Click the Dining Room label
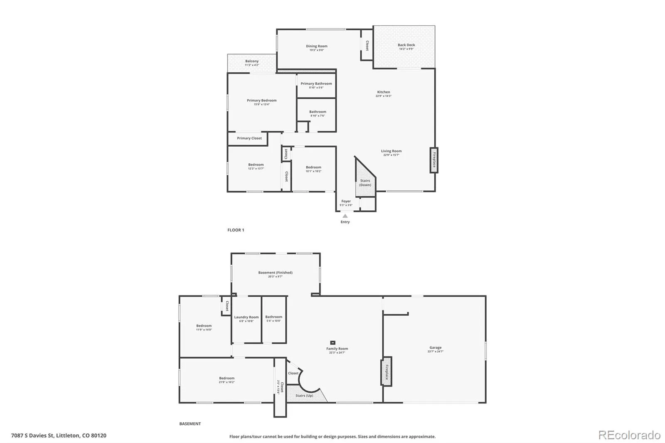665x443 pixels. point(317,46)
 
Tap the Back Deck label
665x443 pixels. point(406,45)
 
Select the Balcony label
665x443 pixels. point(252,61)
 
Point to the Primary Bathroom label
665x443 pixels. point(316,84)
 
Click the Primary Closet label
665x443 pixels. point(249,138)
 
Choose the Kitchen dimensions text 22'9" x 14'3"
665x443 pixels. point(384,96)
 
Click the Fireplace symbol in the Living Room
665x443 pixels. point(434,160)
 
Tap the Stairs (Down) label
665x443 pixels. point(365,183)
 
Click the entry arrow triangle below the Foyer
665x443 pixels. point(345,216)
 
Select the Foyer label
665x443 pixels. point(346,201)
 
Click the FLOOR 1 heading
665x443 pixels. point(236,230)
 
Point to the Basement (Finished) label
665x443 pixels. point(275,273)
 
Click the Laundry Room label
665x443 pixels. point(246,317)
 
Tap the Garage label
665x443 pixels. point(436,347)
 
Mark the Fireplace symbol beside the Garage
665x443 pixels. point(387,372)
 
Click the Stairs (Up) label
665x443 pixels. point(304,396)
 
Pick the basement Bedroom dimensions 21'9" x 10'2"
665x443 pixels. point(227,382)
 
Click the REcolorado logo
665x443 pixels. point(629,435)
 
